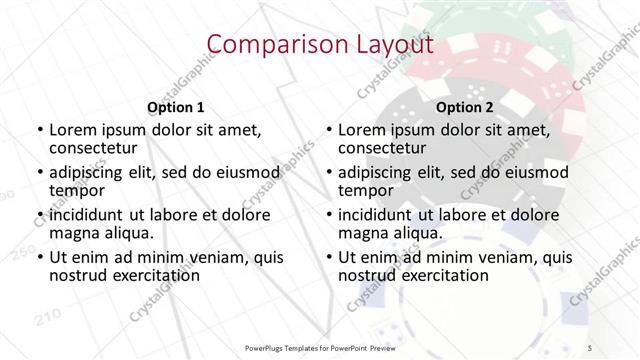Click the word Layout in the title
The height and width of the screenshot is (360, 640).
point(393,44)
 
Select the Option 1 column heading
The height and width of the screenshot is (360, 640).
point(175,106)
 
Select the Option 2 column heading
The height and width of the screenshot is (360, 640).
point(465,106)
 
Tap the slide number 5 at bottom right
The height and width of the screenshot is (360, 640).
point(590,345)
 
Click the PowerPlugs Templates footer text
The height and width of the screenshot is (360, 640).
point(319,345)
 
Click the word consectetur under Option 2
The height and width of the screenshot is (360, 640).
point(383,148)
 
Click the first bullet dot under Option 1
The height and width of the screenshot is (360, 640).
point(39,131)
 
